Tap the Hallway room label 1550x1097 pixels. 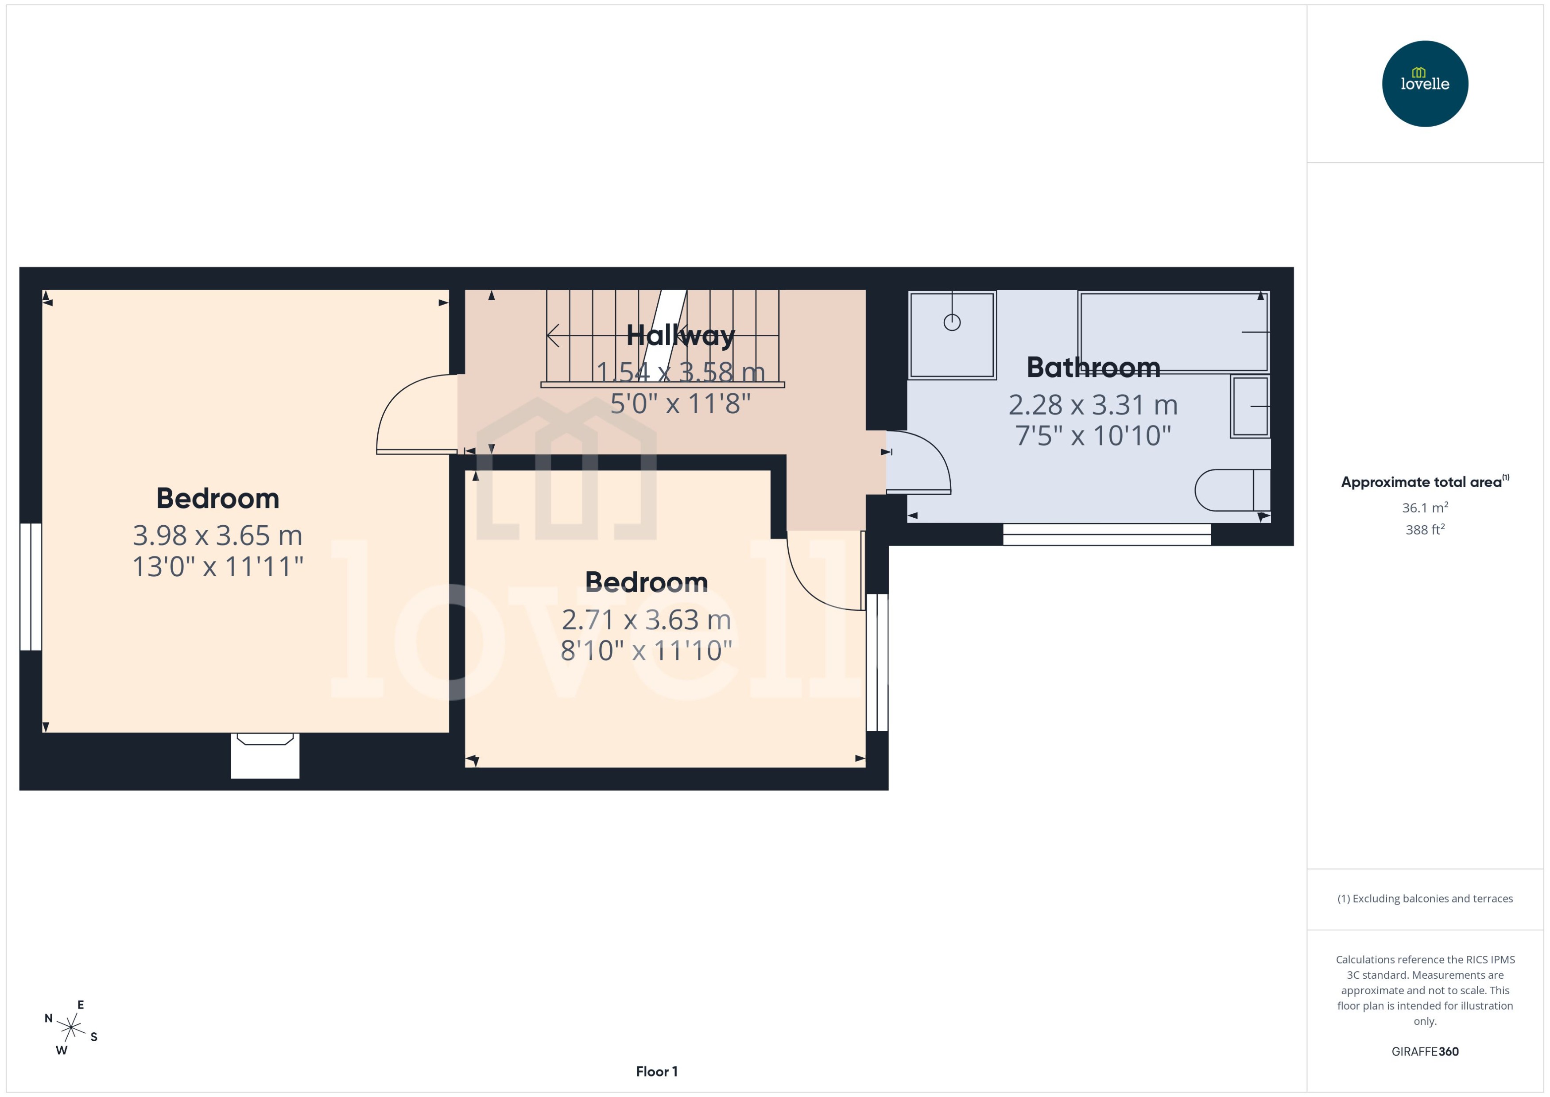680,335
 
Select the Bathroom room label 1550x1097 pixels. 1093,368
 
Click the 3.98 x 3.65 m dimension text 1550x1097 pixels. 217,536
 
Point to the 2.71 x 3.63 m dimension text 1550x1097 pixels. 646,620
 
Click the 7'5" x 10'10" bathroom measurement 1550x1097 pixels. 1093,436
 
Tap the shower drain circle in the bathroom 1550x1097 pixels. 952,323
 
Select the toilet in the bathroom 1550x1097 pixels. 1231,490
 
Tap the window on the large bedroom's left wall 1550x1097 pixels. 31,586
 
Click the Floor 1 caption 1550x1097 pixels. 656,1071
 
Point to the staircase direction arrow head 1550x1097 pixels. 552,335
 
